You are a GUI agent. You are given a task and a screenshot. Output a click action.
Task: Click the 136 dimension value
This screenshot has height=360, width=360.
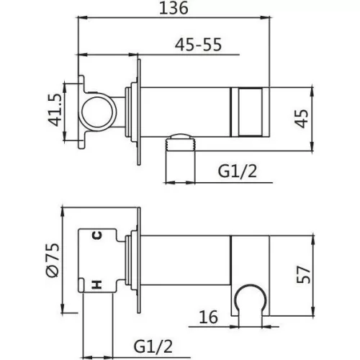pos(174,8)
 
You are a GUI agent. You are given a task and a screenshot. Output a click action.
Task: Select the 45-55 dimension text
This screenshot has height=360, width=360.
pos(198,45)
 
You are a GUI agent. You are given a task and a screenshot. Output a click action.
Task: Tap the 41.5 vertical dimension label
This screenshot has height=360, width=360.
pos(55,110)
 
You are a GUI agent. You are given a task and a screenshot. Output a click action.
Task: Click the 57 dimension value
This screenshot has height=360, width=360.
pos(304,274)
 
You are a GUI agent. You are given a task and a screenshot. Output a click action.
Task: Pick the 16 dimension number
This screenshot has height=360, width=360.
pos(209,317)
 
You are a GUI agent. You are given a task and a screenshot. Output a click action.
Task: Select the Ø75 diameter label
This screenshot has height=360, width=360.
pos(52,260)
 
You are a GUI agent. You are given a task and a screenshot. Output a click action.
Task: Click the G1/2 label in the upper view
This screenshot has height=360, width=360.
pos(238,171)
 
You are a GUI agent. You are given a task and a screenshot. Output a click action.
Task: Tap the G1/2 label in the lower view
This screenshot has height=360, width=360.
pos(153,346)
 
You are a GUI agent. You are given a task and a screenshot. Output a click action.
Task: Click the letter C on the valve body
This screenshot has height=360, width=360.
pos(97,235)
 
